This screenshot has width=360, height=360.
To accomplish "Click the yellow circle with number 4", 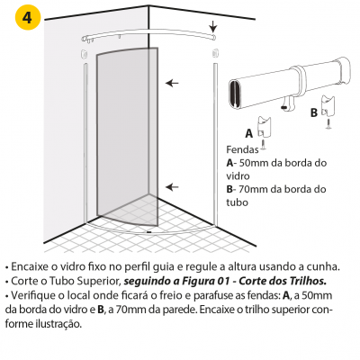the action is coord(27,17).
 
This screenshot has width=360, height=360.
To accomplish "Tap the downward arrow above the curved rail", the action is coord(212,26).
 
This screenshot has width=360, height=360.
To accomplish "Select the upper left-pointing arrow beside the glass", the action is coord(172,83).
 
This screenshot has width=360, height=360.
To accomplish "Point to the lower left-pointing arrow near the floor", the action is coord(172,187).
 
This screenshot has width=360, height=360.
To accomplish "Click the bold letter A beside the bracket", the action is coord(249,133).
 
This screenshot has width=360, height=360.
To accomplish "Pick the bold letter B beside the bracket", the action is coord(314,113).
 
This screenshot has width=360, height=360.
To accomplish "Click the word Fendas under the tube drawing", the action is coord(242,149).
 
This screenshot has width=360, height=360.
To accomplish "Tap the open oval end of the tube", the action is coord(234,94).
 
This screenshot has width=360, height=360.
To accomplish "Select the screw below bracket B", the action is coord(328,123).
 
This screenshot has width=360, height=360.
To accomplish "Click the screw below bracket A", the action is coord(263,144).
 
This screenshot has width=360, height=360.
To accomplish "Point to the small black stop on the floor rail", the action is coord(148,231).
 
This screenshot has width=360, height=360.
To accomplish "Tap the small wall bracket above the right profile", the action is coord(215,54).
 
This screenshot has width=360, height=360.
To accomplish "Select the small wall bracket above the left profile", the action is coord(84,54).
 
